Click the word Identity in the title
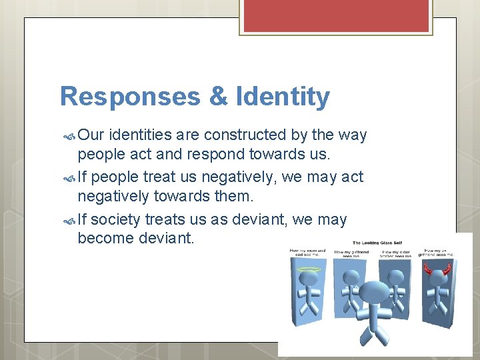click(283, 97)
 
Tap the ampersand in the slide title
click(218, 97)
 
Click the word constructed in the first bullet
click(245, 135)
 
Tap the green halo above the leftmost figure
click(308, 270)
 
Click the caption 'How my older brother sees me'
click(396, 253)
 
